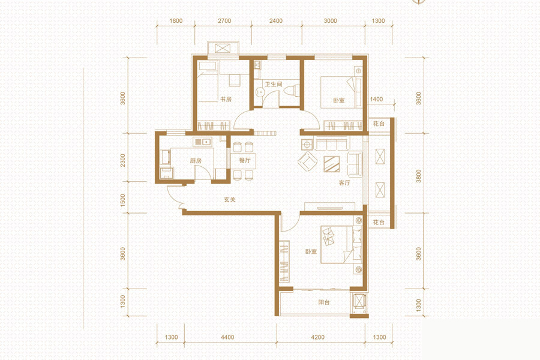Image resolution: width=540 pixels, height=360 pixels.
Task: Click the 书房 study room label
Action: click(x=226, y=99)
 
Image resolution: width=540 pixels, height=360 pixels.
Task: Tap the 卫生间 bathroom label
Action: click(x=274, y=84)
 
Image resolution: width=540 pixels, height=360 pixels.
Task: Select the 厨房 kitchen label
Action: click(x=196, y=161)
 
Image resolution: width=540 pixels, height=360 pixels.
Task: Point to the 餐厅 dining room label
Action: click(x=245, y=160)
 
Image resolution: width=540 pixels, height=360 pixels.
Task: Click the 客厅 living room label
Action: click(x=344, y=182)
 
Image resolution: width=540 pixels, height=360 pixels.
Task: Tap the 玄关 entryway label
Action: click(x=230, y=199)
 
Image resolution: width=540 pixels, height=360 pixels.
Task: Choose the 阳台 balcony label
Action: click(x=324, y=302)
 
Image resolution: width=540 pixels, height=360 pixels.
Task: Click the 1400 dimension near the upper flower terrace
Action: click(x=376, y=99)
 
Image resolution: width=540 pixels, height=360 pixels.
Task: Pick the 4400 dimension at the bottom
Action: click(x=227, y=337)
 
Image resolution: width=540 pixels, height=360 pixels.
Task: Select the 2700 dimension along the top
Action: click(x=224, y=20)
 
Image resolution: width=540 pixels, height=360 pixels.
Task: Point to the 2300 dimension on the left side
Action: click(x=123, y=160)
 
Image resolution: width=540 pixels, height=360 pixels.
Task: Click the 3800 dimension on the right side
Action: click(x=418, y=176)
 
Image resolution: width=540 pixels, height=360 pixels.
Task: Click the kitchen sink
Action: click(x=202, y=142)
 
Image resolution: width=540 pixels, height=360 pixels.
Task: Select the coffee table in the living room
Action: click(x=332, y=164)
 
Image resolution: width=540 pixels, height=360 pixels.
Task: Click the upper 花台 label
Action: click(x=379, y=124)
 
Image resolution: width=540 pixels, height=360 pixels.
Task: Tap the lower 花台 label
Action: click(x=379, y=222)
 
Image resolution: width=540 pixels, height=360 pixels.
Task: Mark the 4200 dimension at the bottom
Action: click(x=317, y=337)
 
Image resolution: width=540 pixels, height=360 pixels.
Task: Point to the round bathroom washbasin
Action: click(x=260, y=92)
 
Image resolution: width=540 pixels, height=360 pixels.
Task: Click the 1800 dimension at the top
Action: click(x=176, y=20)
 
